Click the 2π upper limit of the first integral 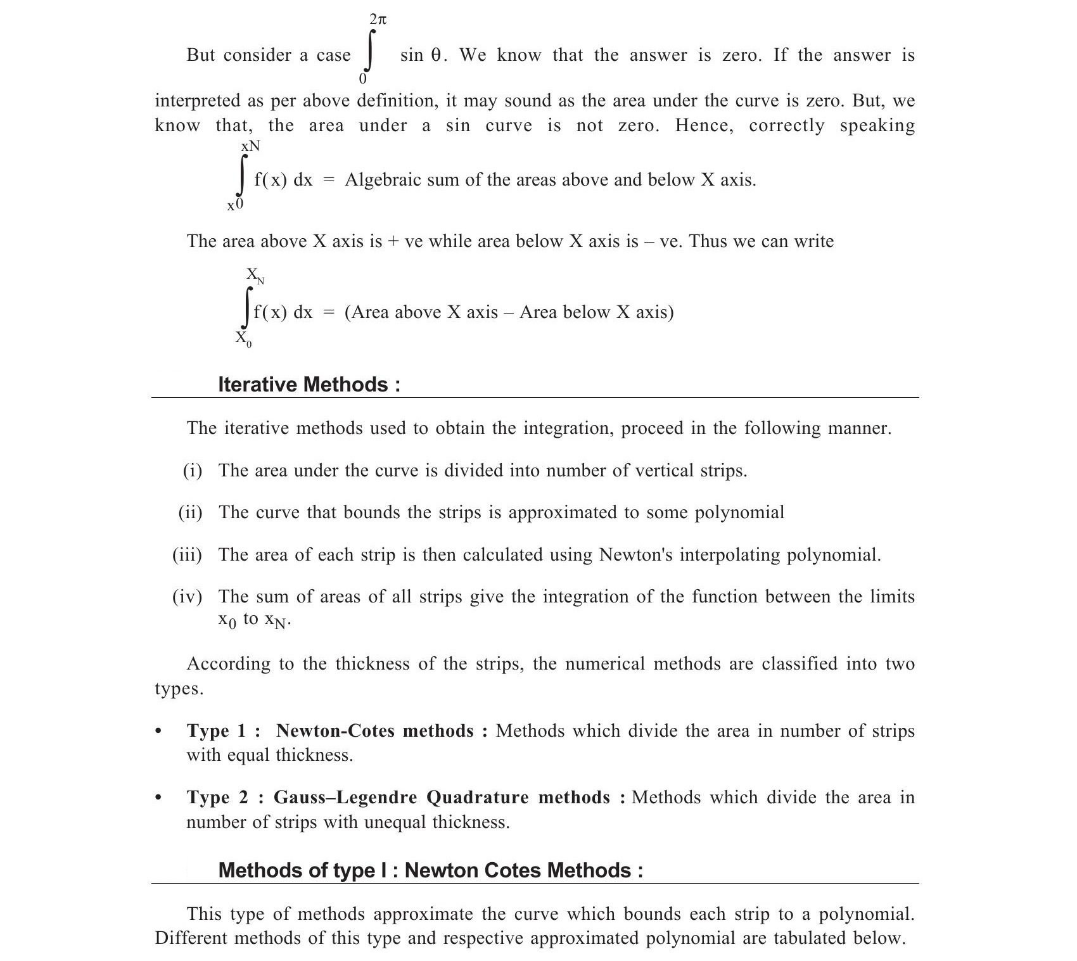(x=378, y=20)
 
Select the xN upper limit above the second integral (x=250, y=146)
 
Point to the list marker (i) (x=193, y=471)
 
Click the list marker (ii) (x=190, y=512)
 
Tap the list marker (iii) (x=187, y=555)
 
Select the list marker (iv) (x=187, y=597)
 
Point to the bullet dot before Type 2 (x=158, y=798)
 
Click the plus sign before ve (x=393, y=242)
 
